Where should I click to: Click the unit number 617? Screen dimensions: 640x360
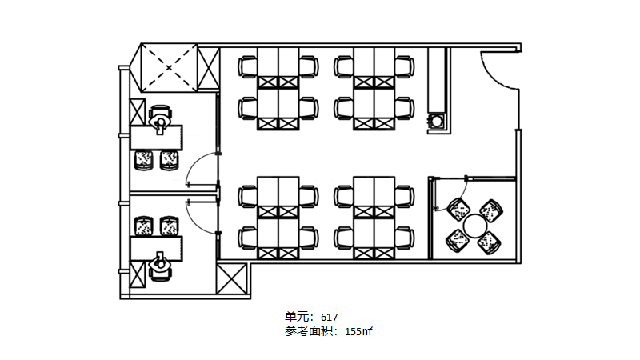[329, 317]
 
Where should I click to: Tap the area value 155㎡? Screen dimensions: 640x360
[358, 331]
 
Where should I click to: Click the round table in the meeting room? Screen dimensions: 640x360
[474, 226]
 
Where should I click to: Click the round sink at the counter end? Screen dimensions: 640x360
[437, 122]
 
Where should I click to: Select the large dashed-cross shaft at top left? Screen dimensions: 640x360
[169, 68]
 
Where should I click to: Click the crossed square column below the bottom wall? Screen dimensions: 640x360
[231, 278]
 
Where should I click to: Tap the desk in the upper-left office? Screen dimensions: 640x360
[156, 138]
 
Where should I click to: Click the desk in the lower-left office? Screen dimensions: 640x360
[156, 249]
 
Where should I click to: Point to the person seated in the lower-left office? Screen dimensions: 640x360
[160, 263]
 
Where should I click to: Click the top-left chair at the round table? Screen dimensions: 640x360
[458, 210]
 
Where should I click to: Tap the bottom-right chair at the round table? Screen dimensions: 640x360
[490, 242]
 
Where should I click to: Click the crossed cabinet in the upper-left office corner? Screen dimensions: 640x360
[137, 112]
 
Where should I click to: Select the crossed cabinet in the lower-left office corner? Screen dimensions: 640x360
[137, 274]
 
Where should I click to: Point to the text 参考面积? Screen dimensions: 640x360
[309, 331]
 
